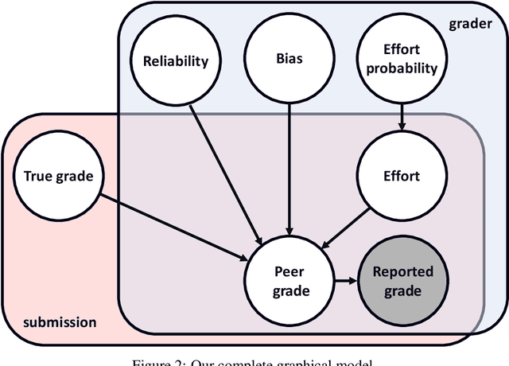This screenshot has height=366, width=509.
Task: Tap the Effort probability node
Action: tap(401, 60)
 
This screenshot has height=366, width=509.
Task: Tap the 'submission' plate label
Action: tap(60, 322)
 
